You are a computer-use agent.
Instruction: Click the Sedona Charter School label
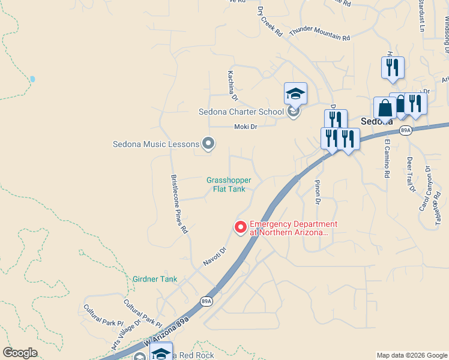tap(241, 112)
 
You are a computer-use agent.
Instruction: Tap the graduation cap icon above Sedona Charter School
tap(295, 94)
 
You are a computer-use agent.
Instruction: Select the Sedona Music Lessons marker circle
tap(208, 143)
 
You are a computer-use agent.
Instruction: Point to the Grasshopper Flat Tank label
tap(229, 184)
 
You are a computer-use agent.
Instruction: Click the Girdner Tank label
tap(155, 279)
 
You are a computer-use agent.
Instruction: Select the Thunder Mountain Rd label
tap(319, 34)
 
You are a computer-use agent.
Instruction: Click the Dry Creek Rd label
tap(270, 22)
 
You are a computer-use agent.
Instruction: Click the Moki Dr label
tap(246, 127)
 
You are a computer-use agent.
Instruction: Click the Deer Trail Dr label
tap(411, 175)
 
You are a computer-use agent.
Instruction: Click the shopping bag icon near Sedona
tap(385, 108)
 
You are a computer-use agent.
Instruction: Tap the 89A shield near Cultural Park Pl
tap(206, 301)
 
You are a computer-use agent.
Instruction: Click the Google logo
tap(20, 353)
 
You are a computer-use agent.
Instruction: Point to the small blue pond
tap(32, 79)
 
